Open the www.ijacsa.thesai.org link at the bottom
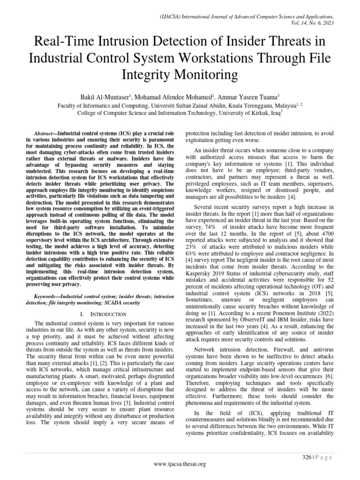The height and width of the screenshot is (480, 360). [180, 464]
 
